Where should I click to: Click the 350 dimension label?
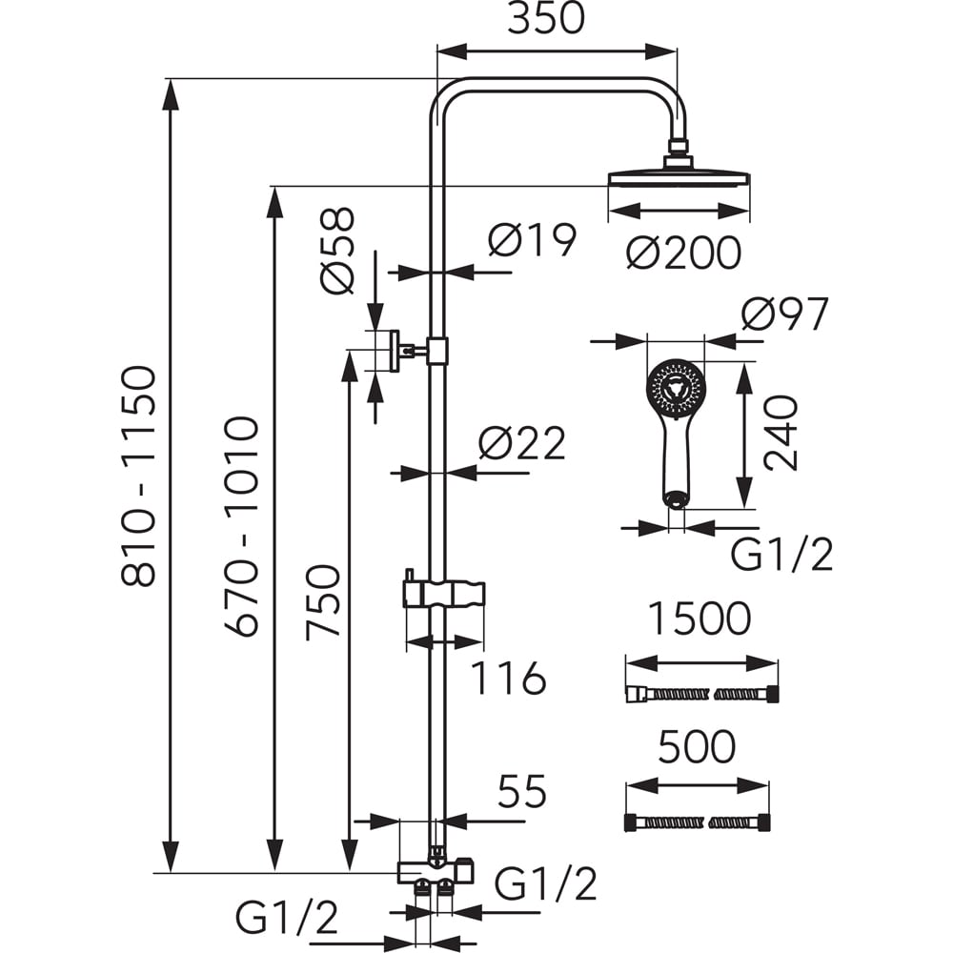pyautogui.click(x=545, y=19)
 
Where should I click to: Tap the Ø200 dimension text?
pyautogui.click(x=683, y=253)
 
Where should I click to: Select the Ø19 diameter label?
pyautogui.click(x=533, y=240)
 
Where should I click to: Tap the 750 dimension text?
pyautogui.click(x=324, y=602)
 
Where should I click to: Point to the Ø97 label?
pyautogui.click(x=784, y=314)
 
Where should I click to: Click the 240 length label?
pyautogui.click(x=781, y=434)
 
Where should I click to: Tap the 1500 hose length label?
pyautogui.click(x=700, y=619)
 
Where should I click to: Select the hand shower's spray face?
pyautogui.click(x=676, y=388)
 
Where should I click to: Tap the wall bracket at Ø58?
pyautogui.click(x=393, y=351)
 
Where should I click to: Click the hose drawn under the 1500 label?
pyautogui.click(x=700, y=695)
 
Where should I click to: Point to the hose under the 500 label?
pyautogui.click(x=696, y=822)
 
